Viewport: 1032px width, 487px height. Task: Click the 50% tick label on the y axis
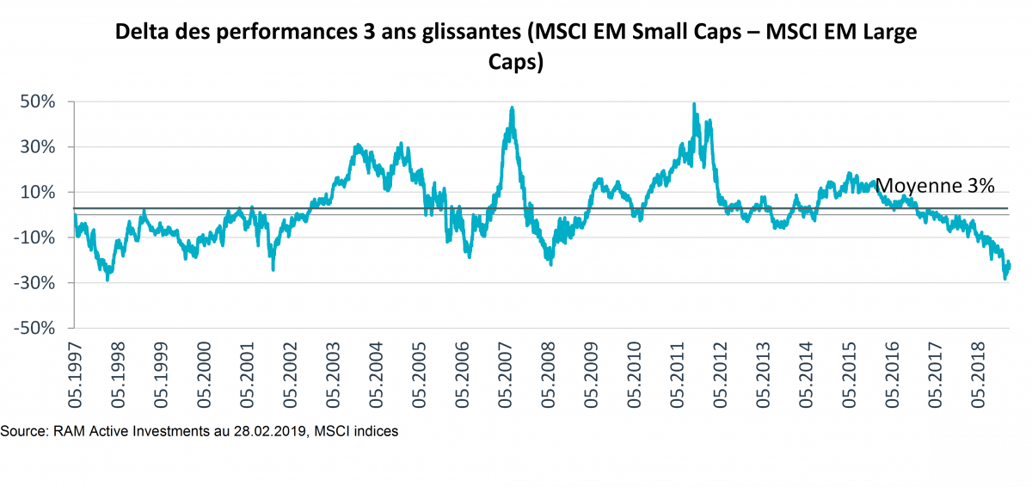[38, 102]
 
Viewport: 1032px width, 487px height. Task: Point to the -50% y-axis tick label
[34, 329]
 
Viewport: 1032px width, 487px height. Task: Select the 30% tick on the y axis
[38, 147]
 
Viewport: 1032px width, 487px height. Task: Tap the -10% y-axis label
[34, 237]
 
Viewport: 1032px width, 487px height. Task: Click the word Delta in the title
[144, 34]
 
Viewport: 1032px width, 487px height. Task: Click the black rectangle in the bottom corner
[980, 454]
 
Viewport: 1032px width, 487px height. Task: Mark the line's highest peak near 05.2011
[694, 104]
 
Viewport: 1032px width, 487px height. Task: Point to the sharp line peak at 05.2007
[513, 108]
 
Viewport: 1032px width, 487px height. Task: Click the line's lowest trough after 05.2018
[1005, 279]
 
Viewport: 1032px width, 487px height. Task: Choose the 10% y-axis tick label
[38, 192]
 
